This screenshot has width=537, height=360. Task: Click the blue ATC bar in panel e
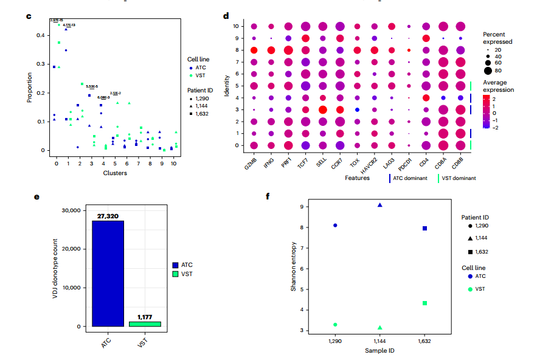108,274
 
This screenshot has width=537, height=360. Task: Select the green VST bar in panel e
145,324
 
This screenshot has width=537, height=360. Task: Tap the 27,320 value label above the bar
108,216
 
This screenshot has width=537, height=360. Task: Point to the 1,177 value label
145,317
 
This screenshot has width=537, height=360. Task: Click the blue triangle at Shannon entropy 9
379,205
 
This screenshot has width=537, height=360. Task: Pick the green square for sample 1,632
424,303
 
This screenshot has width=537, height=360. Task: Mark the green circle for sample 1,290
335,325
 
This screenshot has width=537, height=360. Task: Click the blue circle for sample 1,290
335,226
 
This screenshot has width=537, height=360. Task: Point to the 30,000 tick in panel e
70,210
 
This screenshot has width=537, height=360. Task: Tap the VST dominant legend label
459,179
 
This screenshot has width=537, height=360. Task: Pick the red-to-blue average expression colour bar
487,112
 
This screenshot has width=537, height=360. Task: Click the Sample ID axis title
379,351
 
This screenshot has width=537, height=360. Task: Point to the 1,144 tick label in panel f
379,342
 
